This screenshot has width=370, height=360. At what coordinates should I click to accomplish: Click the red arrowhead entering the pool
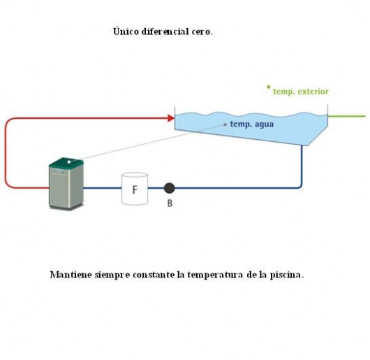(171, 118)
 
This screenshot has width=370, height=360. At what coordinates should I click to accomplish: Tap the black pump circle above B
(169, 188)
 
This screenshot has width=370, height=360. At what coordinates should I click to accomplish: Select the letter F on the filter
(135, 189)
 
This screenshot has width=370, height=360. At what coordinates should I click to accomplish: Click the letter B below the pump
(170, 203)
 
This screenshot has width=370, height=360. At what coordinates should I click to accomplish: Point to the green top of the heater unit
(66, 163)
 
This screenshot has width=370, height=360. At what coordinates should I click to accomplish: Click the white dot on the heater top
(69, 162)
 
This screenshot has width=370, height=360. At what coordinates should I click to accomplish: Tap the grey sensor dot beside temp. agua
(225, 124)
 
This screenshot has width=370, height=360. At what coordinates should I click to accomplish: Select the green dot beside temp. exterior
(268, 87)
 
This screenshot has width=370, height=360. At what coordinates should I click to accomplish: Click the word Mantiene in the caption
(71, 275)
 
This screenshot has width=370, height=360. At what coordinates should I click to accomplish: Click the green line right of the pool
(346, 116)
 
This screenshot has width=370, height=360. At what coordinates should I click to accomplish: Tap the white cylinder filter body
(135, 189)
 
